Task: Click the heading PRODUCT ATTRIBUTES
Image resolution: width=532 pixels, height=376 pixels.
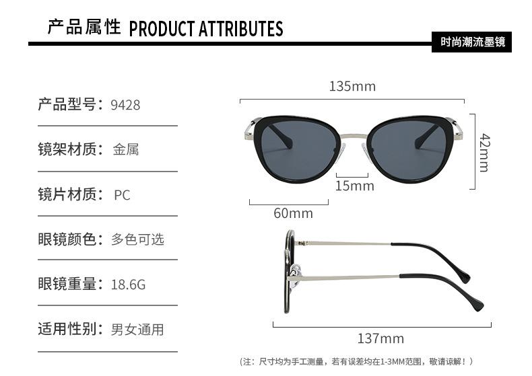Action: coord(205,29)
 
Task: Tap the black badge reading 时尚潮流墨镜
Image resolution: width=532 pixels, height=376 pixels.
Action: coord(472,42)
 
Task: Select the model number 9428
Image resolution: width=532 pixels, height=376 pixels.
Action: coord(125,104)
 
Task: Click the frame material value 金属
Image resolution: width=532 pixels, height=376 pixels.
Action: coord(126,149)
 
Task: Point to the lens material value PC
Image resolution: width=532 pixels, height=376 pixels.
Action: coord(122,195)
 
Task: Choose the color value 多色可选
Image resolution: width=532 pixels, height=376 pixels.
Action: coord(137,239)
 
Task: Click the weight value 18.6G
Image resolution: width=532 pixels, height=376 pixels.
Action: coord(128,285)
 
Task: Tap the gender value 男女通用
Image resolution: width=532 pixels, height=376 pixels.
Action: coord(137,330)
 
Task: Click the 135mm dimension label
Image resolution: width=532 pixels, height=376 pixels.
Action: coord(352,86)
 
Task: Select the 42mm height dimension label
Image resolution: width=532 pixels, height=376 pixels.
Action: coord(484,152)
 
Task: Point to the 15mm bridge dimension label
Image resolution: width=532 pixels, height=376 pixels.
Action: coord(354,186)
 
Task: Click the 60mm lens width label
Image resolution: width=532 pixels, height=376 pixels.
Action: coord(293,213)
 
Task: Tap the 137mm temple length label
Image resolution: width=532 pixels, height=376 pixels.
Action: coord(380,338)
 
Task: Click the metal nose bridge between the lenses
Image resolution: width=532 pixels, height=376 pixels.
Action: coord(351,139)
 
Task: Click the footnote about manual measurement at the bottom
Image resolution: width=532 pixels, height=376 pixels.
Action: coord(357,362)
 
